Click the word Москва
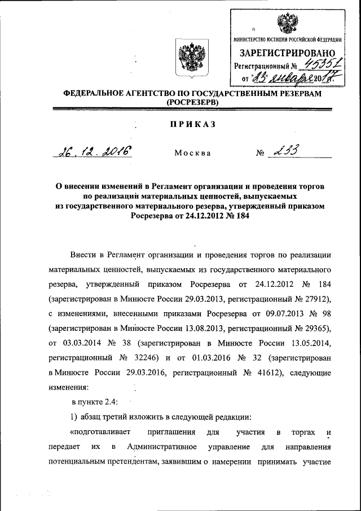click(192, 152)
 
